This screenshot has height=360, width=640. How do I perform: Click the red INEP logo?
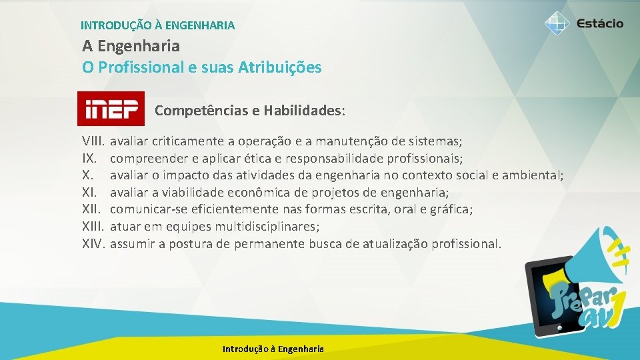(111, 108)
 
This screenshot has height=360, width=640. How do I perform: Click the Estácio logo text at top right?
(600, 23)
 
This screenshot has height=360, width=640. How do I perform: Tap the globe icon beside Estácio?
(557, 23)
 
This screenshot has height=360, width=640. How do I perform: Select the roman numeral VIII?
(93, 141)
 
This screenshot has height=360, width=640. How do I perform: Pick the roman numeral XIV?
(94, 244)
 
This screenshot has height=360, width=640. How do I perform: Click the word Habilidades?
(303, 110)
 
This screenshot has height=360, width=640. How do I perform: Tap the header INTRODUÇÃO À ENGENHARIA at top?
(157, 25)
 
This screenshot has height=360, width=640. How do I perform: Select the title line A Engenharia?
(131, 46)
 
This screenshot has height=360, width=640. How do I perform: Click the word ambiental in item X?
(535, 175)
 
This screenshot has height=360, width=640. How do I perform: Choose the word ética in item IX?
(267, 159)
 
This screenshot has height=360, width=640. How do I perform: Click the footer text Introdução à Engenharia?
(273, 349)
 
